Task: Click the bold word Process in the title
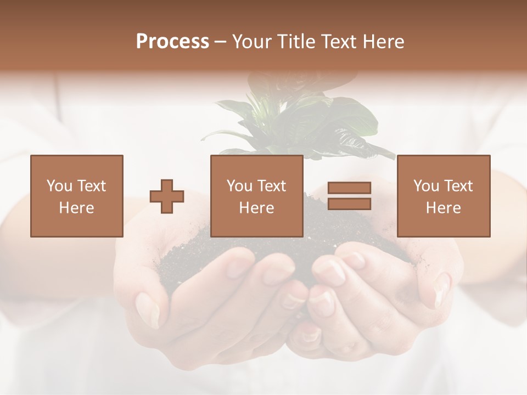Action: [x=172, y=42]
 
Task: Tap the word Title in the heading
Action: [x=297, y=42]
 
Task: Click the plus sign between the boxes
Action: [x=167, y=196]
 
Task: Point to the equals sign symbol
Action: [x=349, y=196]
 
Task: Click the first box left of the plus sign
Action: [x=76, y=196]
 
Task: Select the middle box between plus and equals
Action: [x=256, y=196]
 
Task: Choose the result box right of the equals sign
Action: [x=443, y=196]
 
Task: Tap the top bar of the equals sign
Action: [x=349, y=188]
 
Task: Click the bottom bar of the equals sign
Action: [x=349, y=204]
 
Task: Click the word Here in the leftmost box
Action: [x=76, y=208]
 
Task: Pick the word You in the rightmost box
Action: [x=426, y=186]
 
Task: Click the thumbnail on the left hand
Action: [x=147, y=311]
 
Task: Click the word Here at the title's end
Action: [x=384, y=42]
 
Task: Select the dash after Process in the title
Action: [x=220, y=42]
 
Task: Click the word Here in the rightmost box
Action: [x=443, y=208]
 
